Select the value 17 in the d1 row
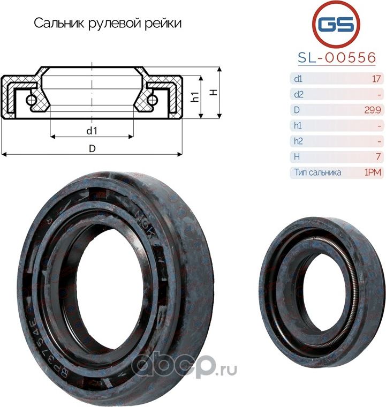(x=376, y=79)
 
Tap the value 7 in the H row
(x=378, y=157)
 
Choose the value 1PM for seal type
(x=372, y=172)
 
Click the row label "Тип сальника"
(x=317, y=172)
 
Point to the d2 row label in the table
(x=298, y=95)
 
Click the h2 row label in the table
(x=298, y=141)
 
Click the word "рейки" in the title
(x=163, y=24)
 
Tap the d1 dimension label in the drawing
(x=92, y=131)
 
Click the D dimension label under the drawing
(x=92, y=148)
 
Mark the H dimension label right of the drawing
(x=213, y=92)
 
